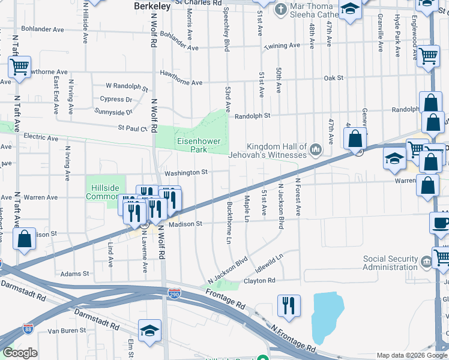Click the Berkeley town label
point(149,5)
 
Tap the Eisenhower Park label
point(199,146)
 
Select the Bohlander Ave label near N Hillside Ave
point(43,28)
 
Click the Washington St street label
point(186,172)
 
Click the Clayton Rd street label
point(259,280)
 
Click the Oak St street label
point(333,78)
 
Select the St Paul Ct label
point(133,127)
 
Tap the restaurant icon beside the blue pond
point(289,306)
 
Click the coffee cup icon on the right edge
point(441,223)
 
